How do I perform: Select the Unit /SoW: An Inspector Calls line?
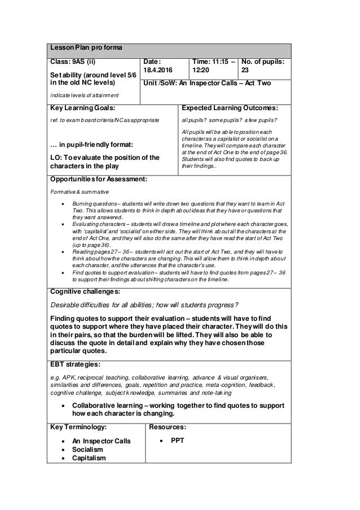click(208, 84)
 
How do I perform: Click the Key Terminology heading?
click(78, 428)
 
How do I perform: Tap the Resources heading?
click(169, 428)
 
